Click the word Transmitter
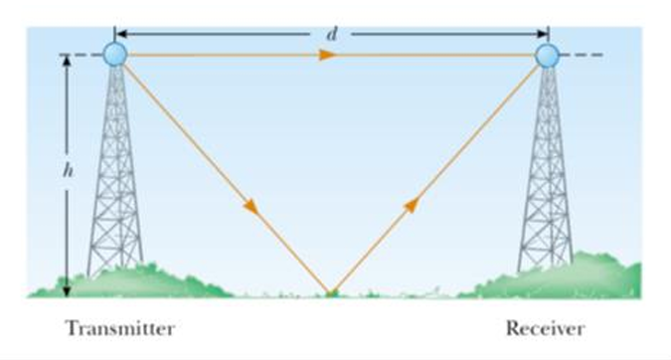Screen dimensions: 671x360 click(120, 328)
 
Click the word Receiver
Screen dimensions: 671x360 click(545, 328)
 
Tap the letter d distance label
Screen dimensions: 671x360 click(331, 34)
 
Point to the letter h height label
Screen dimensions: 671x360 click(67, 170)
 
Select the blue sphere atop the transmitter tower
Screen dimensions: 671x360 click(115, 54)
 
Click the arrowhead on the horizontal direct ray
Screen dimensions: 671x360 click(325, 55)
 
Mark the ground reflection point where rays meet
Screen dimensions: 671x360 click(331, 292)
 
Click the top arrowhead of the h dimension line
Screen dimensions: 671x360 click(68, 61)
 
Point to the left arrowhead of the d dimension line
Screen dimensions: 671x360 click(121, 34)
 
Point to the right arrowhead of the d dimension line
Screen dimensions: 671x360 click(542, 34)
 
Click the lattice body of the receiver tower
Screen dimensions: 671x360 click(547, 179)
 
